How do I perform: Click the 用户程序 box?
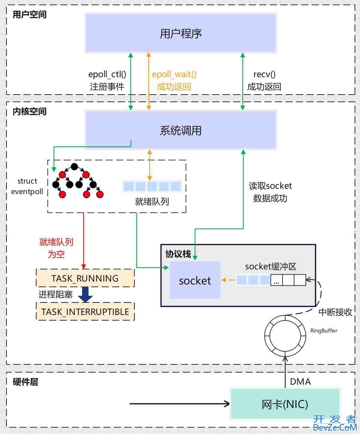[181, 33]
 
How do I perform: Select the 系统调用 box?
[181, 130]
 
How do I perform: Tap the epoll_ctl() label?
[107, 74]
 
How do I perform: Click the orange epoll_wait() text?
[174, 74]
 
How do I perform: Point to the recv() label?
[264, 74]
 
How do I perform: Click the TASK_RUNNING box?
[85, 278]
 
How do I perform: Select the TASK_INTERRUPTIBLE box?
[85, 312]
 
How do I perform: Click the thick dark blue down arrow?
[85, 294]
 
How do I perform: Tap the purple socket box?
[195, 280]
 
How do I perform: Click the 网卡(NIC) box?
[285, 404]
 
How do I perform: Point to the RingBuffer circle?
[285, 336]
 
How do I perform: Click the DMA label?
[300, 382]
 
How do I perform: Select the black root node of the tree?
[74, 167]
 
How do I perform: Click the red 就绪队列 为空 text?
[56, 248]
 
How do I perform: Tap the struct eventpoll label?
[27, 186]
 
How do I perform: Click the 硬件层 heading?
[25, 382]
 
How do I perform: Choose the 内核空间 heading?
[29, 112]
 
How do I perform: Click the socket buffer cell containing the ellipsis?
[276, 280]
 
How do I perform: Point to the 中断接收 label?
[335, 312]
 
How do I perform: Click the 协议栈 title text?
[178, 254]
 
